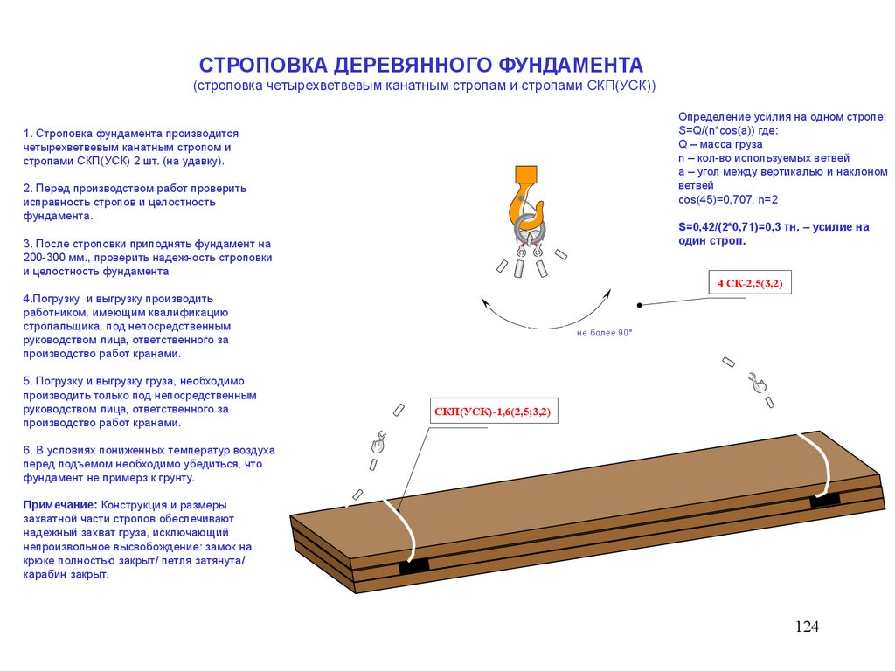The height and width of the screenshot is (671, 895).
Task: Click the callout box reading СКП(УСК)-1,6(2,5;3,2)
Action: pos(494,412)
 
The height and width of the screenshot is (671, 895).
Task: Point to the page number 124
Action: pos(807,626)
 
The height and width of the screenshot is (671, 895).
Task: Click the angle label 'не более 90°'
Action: pos(604,333)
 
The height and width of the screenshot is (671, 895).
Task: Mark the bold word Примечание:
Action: pos(60,506)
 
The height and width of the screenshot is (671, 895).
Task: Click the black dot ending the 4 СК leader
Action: pos(640,305)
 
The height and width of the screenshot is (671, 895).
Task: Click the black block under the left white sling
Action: pos(414,565)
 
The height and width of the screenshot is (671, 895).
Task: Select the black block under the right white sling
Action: pos(824,500)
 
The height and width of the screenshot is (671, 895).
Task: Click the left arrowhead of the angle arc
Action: pos(485,301)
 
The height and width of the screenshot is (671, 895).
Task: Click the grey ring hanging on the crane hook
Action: pos(531,232)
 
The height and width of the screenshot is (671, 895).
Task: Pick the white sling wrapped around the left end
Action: pos(400,524)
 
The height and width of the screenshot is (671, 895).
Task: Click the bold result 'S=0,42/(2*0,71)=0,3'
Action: pos(739,227)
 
